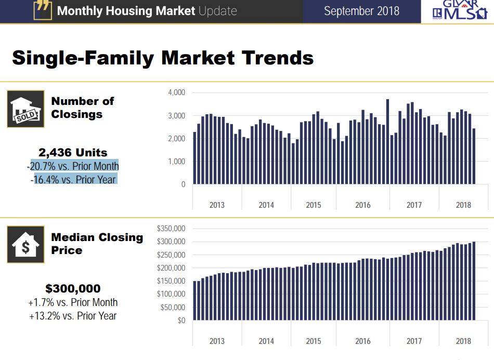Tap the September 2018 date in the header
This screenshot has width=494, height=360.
pyautogui.click(x=361, y=11)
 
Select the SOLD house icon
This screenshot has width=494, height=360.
pyautogui.click(x=25, y=109)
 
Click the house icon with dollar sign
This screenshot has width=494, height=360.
pyautogui.click(x=25, y=244)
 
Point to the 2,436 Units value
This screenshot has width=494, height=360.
pyautogui.click(x=73, y=153)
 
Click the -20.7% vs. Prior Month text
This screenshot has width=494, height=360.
pyautogui.click(x=73, y=166)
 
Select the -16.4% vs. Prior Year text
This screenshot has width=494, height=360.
pyautogui.click(x=73, y=179)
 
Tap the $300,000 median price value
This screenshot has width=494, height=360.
pyautogui.click(x=73, y=289)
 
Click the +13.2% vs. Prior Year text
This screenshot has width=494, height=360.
pyautogui.click(x=73, y=315)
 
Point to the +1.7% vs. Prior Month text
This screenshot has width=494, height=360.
pyautogui.click(x=73, y=302)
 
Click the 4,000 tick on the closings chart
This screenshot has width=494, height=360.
pyautogui.click(x=177, y=92)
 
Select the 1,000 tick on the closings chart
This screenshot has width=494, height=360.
pyautogui.click(x=177, y=162)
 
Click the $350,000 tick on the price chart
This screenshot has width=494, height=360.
pyautogui.click(x=171, y=229)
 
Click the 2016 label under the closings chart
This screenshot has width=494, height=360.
pyautogui.click(x=363, y=205)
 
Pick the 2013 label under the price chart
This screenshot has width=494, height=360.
pyautogui.click(x=217, y=341)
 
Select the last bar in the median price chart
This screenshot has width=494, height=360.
pyautogui.click(x=473, y=281)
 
